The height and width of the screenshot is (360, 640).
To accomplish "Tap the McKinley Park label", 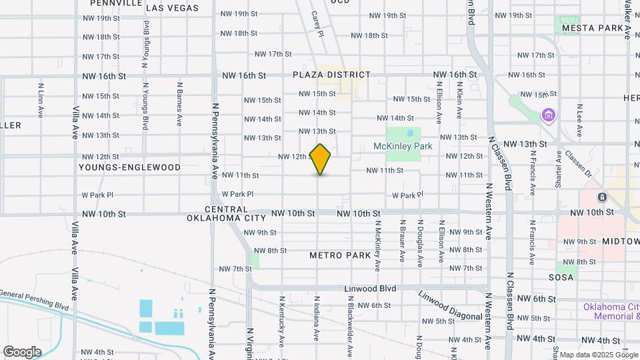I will [403, 146].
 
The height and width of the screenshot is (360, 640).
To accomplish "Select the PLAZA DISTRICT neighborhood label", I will [331, 75].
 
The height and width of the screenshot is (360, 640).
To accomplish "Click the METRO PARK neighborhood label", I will [340, 255].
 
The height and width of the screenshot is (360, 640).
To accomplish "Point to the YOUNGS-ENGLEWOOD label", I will [129, 167].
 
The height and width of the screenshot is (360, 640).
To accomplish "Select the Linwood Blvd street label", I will [370, 289].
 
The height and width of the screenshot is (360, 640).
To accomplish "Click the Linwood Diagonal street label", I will [450, 305].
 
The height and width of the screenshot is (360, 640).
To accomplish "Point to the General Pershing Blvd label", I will [35, 300].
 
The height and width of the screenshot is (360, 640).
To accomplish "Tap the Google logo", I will [22, 352].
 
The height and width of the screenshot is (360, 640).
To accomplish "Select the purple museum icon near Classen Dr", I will [549, 116].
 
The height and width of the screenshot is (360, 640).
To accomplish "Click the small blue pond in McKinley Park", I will [409, 132].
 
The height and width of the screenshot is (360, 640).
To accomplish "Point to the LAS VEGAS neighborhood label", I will [172, 8].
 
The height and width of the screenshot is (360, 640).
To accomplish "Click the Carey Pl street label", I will [317, 23].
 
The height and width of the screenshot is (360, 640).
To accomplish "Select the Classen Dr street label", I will [578, 163].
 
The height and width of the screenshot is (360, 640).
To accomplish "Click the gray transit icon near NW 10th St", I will [601, 197].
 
